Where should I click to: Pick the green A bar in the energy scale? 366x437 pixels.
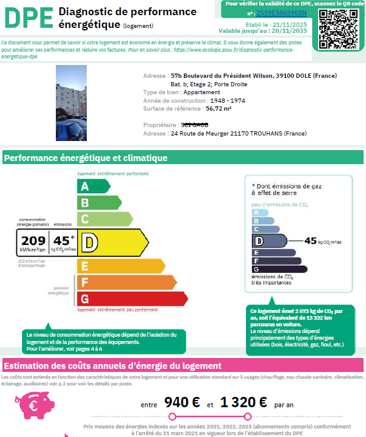tap(86, 187)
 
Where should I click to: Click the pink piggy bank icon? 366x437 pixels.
tap(30, 401)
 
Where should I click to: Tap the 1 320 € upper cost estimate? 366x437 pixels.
tap(243, 402)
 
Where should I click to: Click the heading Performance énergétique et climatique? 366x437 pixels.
tap(86, 159)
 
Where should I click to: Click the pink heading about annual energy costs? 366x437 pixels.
tap(113, 366)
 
